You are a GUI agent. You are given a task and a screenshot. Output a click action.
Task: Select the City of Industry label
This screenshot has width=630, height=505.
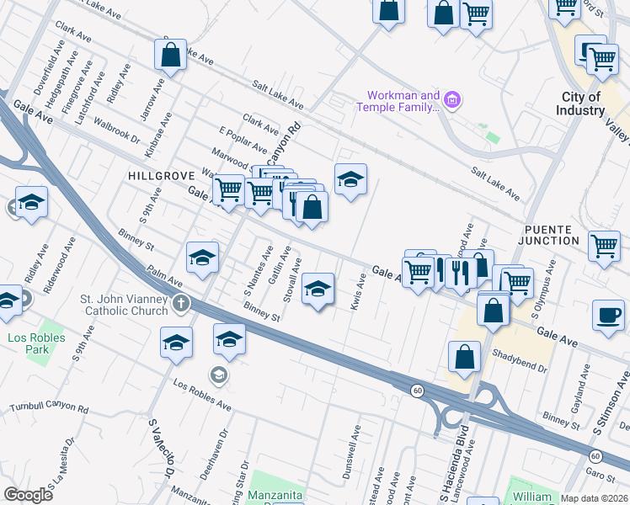581,104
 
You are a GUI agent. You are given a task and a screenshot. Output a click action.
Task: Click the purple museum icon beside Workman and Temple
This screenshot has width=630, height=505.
453,101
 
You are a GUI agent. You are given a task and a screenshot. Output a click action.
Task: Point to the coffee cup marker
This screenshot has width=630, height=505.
608,315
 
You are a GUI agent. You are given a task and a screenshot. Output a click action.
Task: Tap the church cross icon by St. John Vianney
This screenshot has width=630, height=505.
181,302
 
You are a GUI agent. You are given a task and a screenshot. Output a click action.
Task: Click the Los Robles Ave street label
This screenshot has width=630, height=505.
202,394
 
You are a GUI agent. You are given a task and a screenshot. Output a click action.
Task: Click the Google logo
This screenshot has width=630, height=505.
28,495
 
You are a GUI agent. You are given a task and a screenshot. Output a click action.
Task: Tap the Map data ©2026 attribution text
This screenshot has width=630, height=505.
594,498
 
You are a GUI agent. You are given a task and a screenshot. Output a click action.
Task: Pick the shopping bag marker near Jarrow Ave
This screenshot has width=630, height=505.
170,56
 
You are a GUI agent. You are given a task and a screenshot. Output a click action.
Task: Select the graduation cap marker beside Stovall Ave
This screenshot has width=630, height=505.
317,290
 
